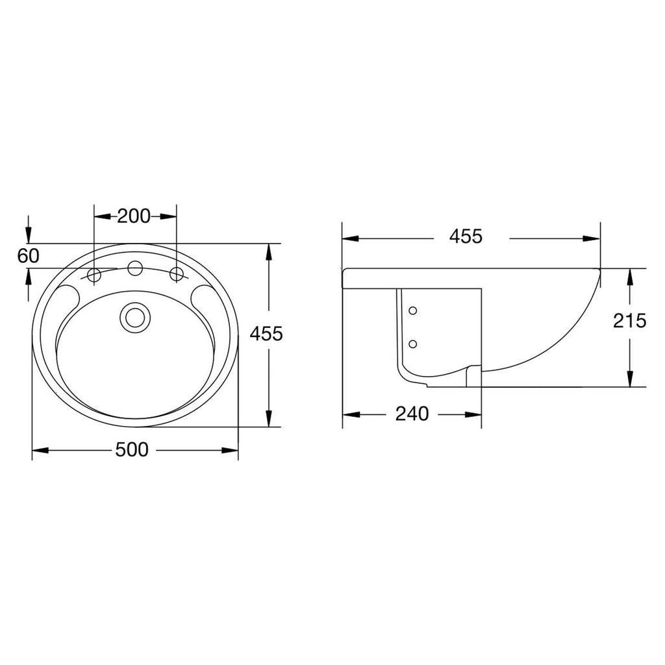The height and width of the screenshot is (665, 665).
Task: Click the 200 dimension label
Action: (x=134, y=216)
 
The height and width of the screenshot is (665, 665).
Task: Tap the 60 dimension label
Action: (x=28, y=256)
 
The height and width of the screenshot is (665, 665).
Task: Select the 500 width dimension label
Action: (x=132, y=449)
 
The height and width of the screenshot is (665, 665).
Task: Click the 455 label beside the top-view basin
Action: (x=266, y=334)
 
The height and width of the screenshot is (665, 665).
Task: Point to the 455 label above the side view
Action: (x=466, y=236)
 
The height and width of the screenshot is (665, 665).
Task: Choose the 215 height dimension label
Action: (x=630, y=321)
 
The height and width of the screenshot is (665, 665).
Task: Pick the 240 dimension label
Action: (x=412, y=414)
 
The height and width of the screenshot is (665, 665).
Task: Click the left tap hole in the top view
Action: (x=94, y=275)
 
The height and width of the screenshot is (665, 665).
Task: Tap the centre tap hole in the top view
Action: (x=135, y=268)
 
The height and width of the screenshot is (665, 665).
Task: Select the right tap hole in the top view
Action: (x=177, y=275)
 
